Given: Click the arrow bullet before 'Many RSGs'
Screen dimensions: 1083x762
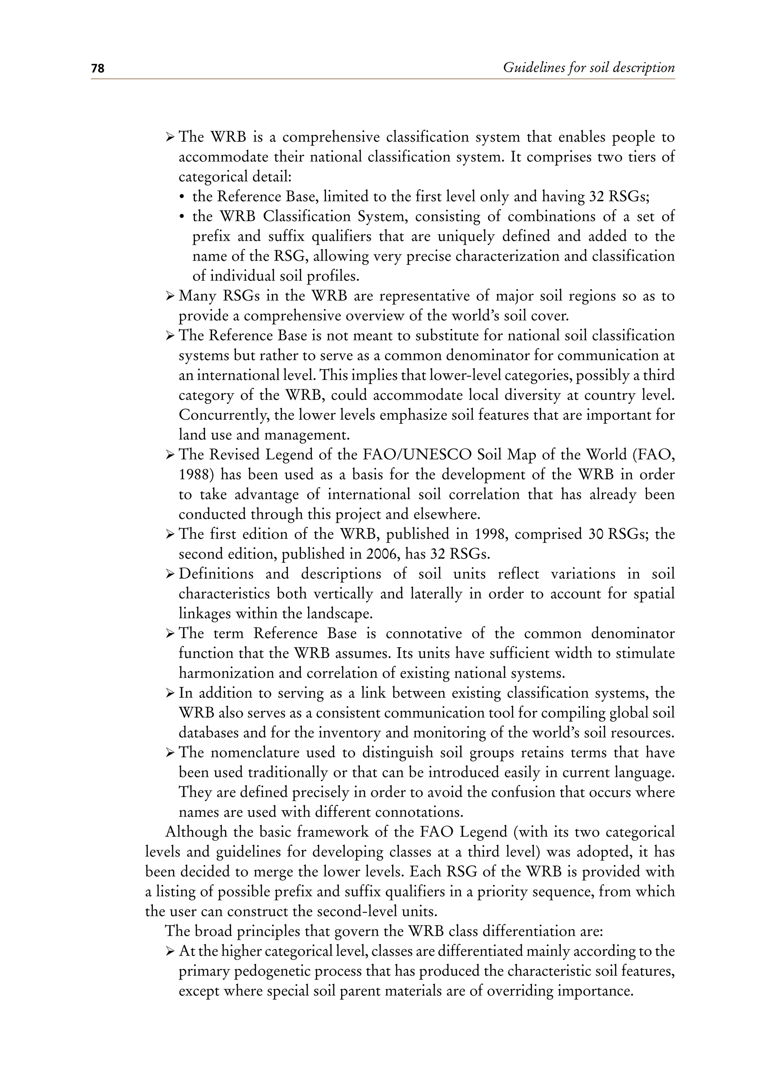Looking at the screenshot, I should tap(170, 297).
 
